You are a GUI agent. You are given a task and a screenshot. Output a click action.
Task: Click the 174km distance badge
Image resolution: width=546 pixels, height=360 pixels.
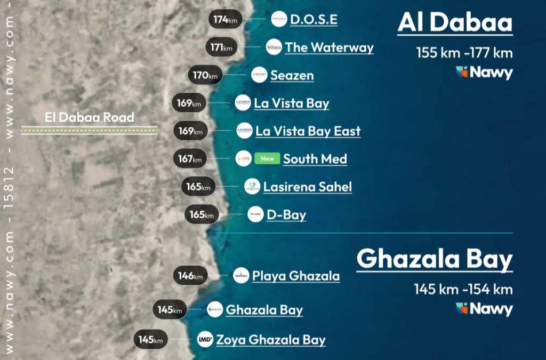coord(226,19)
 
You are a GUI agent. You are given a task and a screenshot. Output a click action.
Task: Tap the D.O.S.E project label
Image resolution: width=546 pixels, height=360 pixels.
coord(314,20)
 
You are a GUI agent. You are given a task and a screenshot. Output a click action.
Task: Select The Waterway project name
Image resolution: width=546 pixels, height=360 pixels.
coord(329,47)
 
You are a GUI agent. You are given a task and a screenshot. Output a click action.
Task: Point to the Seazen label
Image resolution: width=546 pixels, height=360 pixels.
coord(292,75)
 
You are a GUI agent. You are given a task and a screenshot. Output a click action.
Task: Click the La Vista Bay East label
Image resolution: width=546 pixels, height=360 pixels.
coord(308,131)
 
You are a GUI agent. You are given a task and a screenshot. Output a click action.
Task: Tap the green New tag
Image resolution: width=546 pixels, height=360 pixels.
coord(267,158)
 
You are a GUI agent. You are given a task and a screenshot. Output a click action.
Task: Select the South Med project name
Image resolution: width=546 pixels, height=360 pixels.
coord(315,159)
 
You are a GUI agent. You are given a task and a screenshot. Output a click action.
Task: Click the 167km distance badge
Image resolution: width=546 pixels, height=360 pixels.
coord(190,159)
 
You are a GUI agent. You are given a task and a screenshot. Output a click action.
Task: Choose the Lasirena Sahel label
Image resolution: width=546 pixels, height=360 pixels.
coord(307,187)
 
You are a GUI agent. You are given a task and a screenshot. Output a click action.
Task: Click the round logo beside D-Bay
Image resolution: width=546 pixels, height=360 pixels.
coord(255,214)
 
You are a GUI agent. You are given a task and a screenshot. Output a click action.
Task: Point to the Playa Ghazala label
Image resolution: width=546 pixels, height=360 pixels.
coord(295,276)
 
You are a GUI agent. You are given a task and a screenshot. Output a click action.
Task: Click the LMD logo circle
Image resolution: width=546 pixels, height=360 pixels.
coord(205,339)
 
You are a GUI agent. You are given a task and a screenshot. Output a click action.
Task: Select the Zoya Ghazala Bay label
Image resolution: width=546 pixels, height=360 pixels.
coord(270,340)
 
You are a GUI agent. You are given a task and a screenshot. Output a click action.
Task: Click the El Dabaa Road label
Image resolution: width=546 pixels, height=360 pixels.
coord(89,117)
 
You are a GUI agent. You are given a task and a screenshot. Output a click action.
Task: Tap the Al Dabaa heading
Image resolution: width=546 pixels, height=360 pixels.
coord(455,23)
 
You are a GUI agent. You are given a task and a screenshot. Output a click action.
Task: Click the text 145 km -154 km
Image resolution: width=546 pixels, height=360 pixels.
coord(463,290)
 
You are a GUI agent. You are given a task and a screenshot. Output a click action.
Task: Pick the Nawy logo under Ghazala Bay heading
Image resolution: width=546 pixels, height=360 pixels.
coord(484,309)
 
